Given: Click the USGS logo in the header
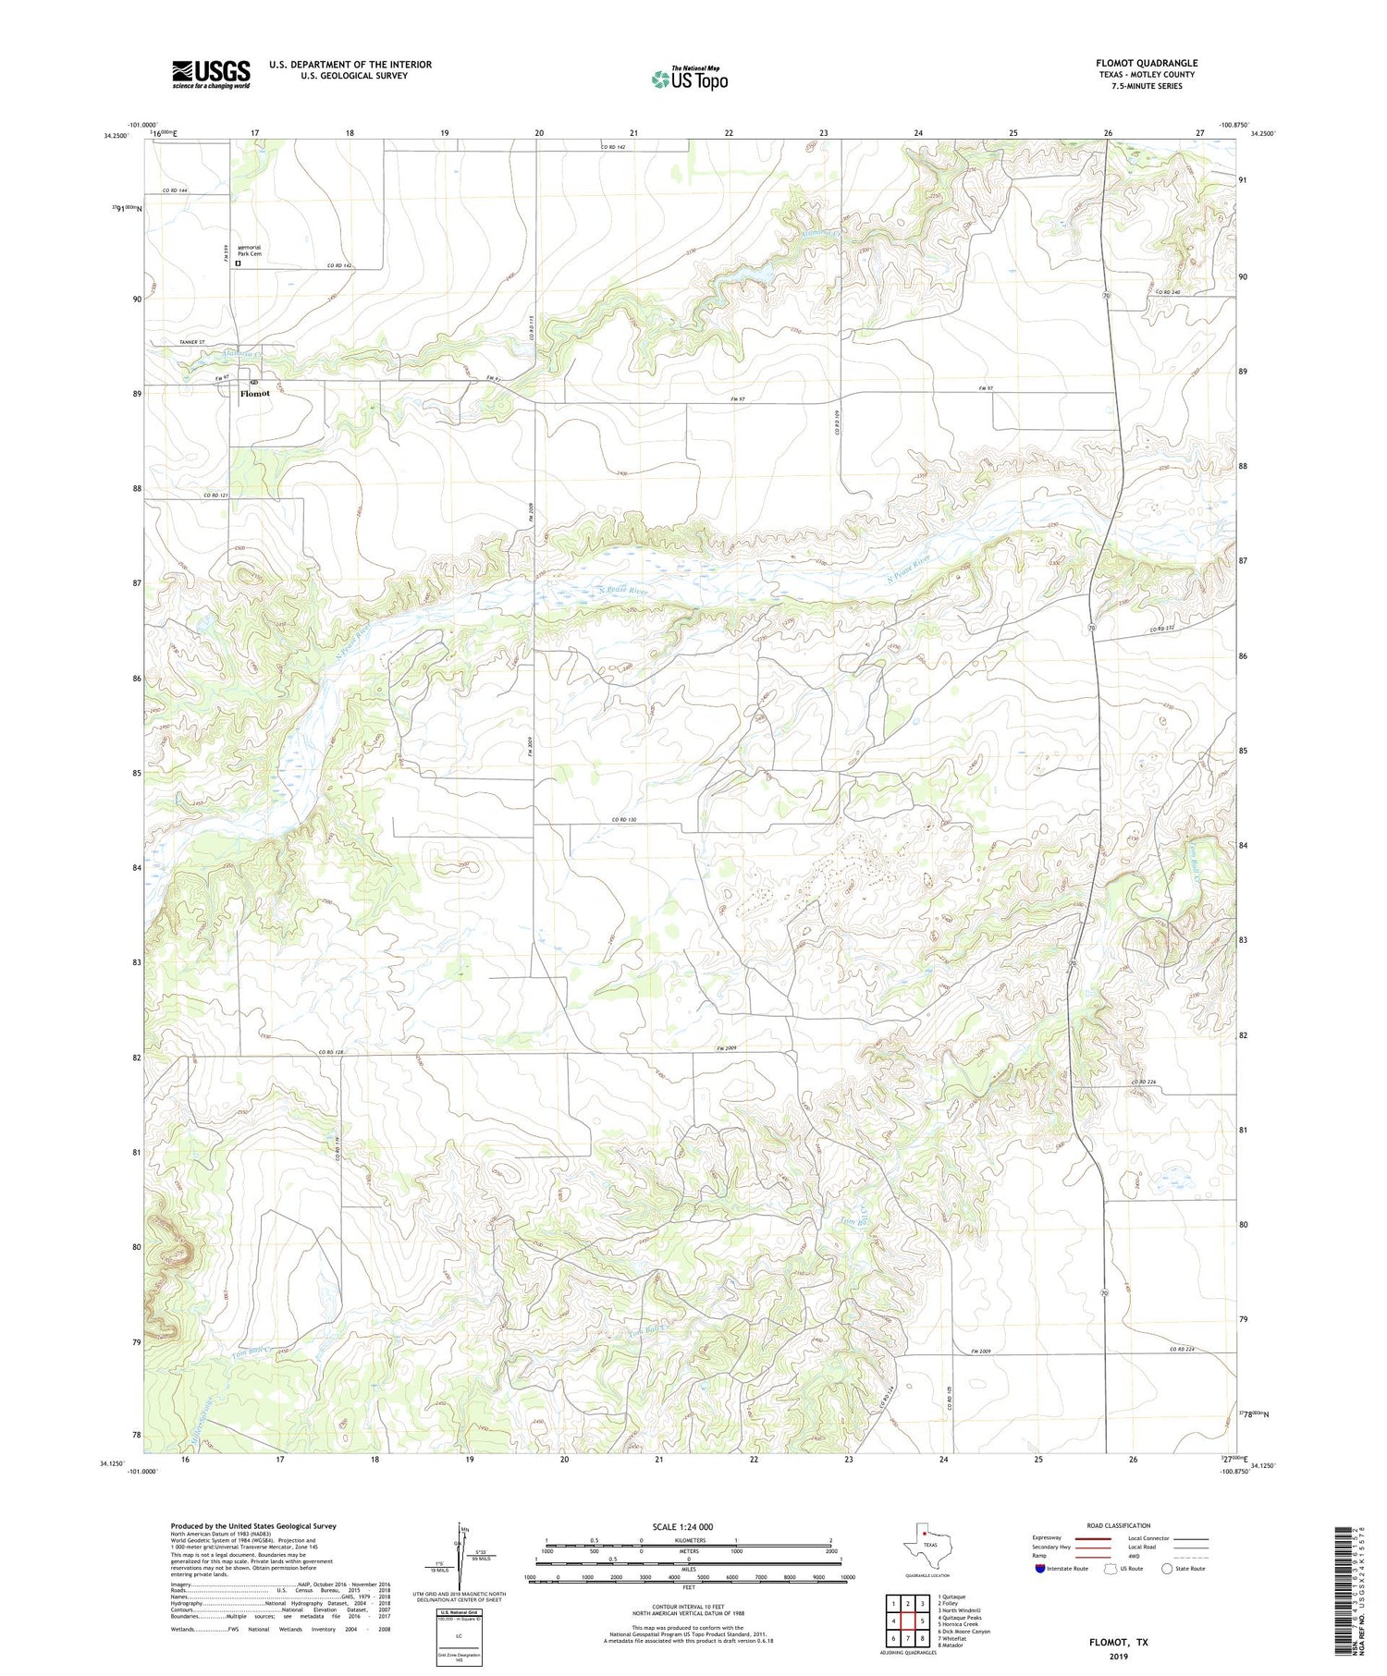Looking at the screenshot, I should (x=211, y=74).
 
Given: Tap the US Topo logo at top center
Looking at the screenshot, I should (x=690, y=79).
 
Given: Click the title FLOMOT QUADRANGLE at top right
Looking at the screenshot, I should (x=1147, y=63).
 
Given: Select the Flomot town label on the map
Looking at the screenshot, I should (x=254, y=394).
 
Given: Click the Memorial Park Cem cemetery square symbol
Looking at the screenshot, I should (x=238, y=263).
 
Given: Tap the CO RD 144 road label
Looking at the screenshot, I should (x=175, y=190).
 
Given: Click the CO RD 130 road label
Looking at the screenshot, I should (x=624, y=820).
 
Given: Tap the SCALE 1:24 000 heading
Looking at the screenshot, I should (x=688, y=1526).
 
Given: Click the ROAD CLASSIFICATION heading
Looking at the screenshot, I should (x=1119, y=1525).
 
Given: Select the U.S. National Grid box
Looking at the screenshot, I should (x=459, y=1638).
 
